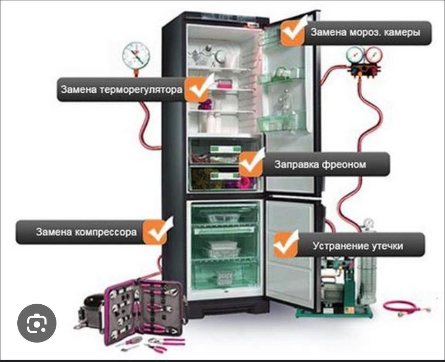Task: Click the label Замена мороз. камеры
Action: tap(365, 32)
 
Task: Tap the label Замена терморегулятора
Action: tap(122, 90)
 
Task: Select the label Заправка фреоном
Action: tap(320, 165)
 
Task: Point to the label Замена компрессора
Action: tap(86, 232)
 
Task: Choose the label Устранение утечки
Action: tap(358, 246)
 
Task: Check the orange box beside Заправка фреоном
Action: tap(251, 164)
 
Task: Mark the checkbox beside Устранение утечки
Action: tap(286, 244)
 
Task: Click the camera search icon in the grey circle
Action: tap(37, 323)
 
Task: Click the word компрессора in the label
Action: tap(106, 232)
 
